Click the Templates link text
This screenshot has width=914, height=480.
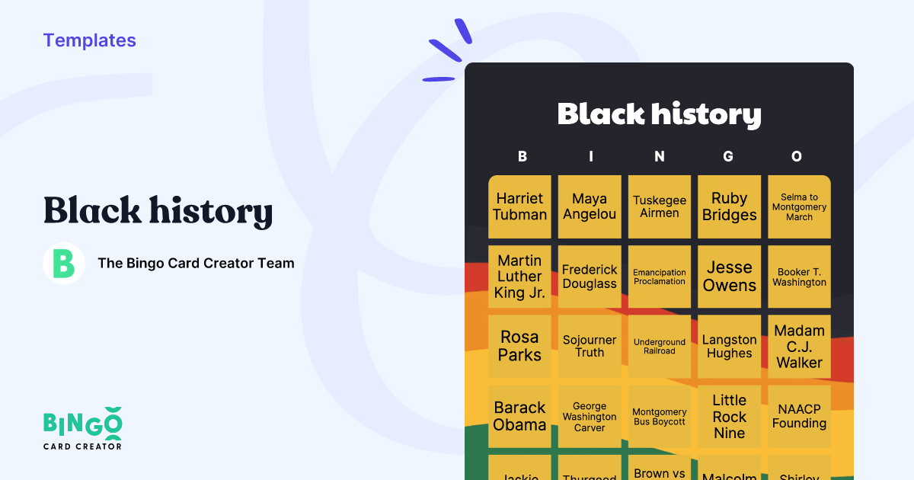pos(89,40)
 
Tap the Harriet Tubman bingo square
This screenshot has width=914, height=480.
pos(519,206)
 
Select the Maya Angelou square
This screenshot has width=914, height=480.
pos(590,206)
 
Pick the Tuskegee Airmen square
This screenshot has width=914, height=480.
pos(660,206)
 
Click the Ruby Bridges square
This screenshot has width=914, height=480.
pos(729,206)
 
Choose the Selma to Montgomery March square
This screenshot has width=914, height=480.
pos(799,206)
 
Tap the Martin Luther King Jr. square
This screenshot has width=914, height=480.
pos(519,277)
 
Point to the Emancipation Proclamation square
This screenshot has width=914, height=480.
pos(660,277)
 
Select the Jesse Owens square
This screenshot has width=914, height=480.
pos(729,277)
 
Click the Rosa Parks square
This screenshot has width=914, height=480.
pos(519,346)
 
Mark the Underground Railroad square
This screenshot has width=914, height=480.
pos(660,346)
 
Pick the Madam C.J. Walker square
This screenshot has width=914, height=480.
pos(799,346)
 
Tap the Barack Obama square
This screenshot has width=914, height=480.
pos(519,416)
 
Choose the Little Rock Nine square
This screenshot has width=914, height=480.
pos(729,416)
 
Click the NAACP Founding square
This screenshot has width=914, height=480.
pos(799,416)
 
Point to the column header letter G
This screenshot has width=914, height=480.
pos(728,156)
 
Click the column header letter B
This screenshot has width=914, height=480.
pos(523,156)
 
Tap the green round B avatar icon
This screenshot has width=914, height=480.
pos(64,264)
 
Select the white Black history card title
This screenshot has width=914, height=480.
pos(659,114)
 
